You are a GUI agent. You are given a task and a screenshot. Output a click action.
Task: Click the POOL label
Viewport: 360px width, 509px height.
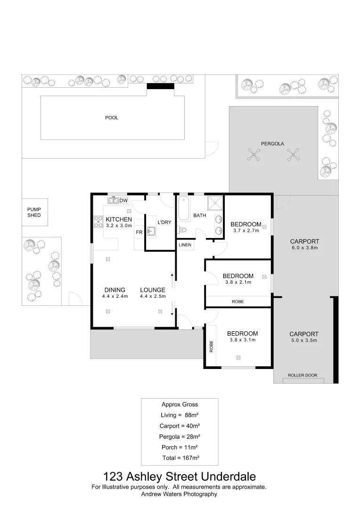click(111, 118)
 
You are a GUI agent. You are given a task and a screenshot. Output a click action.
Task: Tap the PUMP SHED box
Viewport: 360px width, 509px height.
click(34, 212)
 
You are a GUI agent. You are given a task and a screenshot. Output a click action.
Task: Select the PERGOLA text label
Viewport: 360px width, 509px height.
click(272, 144)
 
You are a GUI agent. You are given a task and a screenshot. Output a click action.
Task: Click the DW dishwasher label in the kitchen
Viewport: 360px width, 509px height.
click(123, 201)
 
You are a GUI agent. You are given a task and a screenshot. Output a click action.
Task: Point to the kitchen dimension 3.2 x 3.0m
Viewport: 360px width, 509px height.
click(118, 226)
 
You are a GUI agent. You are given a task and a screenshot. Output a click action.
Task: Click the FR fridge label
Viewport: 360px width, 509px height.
click(139, 232)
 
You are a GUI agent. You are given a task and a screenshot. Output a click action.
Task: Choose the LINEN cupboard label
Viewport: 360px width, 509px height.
click(185, 245)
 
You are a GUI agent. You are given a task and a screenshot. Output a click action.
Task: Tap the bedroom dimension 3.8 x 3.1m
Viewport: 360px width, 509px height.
click(242, 340)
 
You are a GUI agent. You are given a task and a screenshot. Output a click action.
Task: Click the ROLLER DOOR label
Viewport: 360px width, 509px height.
click(303, 376)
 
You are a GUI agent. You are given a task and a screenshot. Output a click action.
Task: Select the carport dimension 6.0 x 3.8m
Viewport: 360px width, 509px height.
click(304, 247)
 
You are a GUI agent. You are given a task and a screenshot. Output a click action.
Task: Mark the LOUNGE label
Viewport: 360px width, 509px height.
click(152, 290)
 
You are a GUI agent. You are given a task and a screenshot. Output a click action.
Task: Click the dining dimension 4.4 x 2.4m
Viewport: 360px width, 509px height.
click(115, 296)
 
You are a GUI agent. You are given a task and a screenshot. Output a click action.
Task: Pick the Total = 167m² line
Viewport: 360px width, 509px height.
click(180, 458)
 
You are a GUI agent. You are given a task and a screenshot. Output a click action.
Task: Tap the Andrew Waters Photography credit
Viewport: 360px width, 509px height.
click(180, 494)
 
